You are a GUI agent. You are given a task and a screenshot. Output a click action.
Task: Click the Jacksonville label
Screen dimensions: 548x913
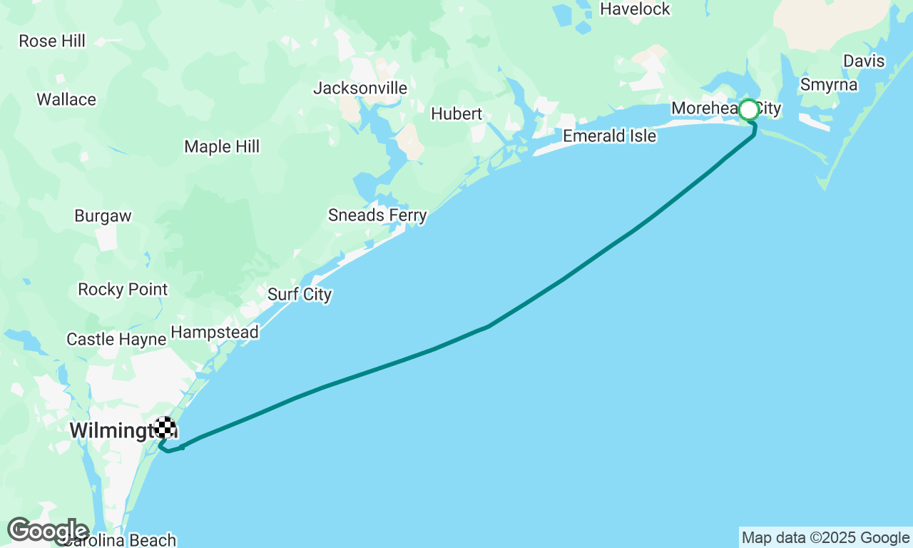[360, 88]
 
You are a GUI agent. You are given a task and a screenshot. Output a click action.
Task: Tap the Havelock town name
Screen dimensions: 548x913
[635, 9]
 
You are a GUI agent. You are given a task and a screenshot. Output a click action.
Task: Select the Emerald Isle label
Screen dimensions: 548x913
[609, 136]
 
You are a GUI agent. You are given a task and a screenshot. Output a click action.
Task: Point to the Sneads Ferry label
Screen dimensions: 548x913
[377, 215]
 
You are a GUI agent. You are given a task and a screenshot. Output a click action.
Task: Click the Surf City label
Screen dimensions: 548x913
[300, 295]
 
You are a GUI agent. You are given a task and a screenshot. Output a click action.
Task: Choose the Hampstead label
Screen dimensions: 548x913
[215, 333]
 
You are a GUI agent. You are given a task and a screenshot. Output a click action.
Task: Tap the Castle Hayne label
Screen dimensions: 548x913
[116, 340]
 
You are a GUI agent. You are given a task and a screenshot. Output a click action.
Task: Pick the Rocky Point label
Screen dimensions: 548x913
[123, 290]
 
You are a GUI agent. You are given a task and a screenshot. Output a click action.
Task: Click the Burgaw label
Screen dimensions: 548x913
[103, 216]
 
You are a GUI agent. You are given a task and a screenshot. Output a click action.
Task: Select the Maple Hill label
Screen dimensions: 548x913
[222, 147]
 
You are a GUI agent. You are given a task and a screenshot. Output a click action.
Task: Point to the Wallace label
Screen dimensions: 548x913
[66, 100]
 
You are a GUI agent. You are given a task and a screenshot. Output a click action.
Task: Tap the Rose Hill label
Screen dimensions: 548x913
[52, 41]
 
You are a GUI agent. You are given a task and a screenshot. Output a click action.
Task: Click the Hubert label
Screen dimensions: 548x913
[456, 114]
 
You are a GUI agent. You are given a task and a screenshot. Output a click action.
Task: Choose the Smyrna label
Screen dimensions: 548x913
[829, 85]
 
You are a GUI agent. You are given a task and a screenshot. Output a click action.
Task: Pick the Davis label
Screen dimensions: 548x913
[864, 61]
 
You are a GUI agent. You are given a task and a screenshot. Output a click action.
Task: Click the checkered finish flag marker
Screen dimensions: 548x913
[165, 427]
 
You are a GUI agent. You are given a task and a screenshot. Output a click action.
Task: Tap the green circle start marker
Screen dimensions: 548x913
[749, 110]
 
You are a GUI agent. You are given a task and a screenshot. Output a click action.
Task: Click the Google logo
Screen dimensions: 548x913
[48, 531]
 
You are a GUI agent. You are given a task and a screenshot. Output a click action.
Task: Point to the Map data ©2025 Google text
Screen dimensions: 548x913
[825, 538]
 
